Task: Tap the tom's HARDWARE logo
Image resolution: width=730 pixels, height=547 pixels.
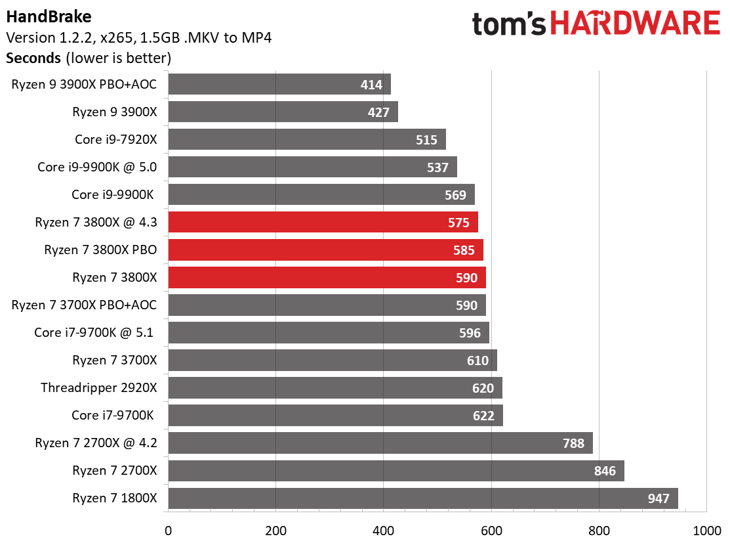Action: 596,24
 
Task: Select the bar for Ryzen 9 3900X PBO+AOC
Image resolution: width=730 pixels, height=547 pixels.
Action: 279,84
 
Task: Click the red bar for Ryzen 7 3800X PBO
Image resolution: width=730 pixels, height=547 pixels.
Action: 325,250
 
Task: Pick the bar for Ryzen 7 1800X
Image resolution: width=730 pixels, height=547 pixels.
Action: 423,498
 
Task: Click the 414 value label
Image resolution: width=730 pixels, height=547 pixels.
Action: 372,84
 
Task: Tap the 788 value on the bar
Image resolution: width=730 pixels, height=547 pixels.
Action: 573,443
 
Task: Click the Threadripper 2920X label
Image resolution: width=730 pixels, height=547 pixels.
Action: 98,387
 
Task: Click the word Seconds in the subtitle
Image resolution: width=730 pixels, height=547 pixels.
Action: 33,58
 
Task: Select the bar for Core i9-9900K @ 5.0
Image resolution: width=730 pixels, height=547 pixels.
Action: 312,167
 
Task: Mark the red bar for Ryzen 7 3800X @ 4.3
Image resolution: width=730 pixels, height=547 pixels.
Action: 323,222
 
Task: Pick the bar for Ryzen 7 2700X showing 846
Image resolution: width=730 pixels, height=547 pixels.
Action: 396,471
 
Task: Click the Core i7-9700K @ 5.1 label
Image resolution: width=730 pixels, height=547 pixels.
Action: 93,332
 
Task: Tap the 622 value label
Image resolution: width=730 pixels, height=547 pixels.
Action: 483,416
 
